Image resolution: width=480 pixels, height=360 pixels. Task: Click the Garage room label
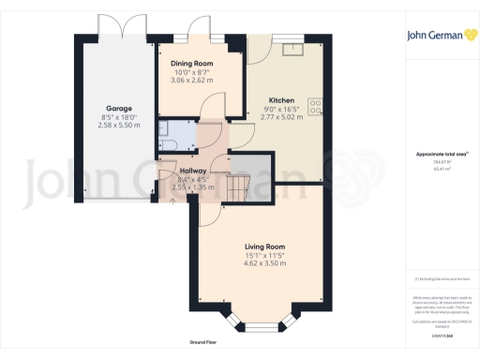[x=117, y=109]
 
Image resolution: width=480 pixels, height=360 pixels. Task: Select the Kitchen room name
[x=282, y=99]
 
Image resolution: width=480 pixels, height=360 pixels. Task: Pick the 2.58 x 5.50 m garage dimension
[x=120, y=125]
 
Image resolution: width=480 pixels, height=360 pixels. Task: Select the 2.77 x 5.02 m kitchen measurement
[x=282, y=117]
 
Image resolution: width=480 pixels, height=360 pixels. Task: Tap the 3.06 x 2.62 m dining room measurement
[x=191, y=81]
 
